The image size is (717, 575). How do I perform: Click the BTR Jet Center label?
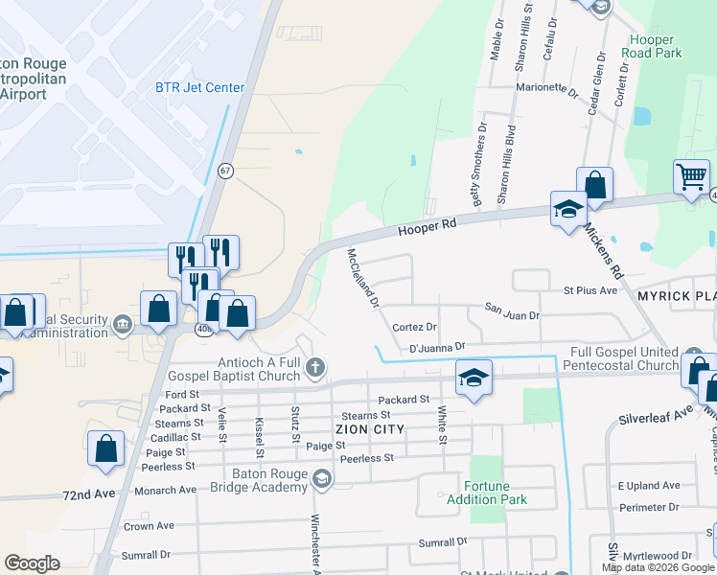pyautogui.click(x=199, y=88)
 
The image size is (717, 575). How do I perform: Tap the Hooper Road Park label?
pyautogui.click(x=652, y=46)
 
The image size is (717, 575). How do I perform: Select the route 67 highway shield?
pyautogui.click(x=225, y=171)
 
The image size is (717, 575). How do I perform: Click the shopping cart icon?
pyautogui.click(x=691, y=177)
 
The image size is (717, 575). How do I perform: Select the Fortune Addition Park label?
pyautogui.click(x=483, y=493)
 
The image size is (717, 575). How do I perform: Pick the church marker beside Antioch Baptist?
pyautogui.click(x=317, y=368)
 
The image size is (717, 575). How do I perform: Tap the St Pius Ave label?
pyautogui.click(x=590, y=290)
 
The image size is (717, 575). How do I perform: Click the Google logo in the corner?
pyautogui.click(x=32, y=563)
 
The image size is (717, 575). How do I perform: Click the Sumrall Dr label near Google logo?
pyautogui.click(x=146, y=555)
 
